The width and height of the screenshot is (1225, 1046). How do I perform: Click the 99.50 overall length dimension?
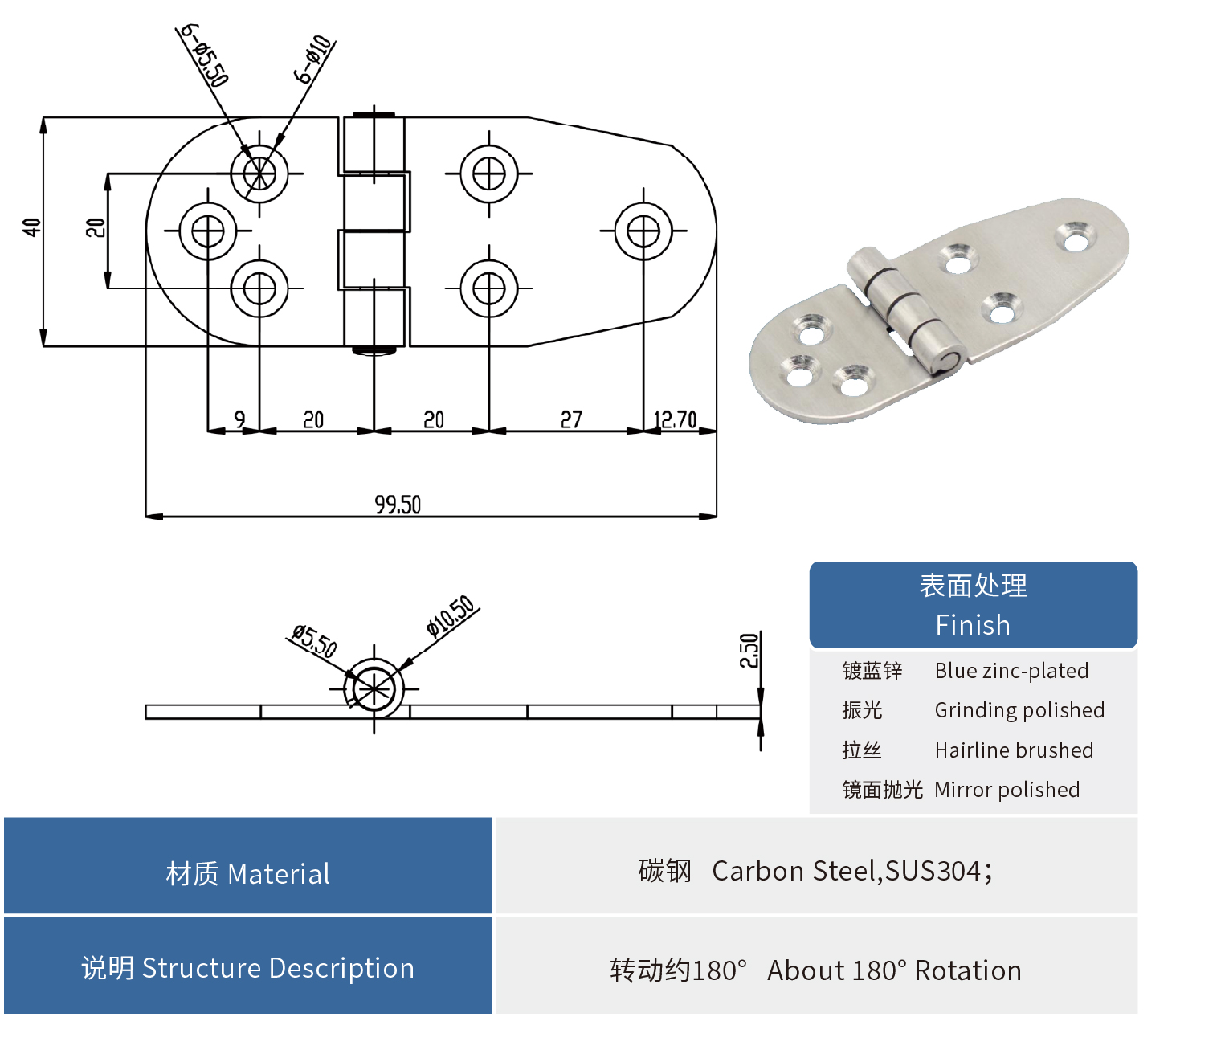398,505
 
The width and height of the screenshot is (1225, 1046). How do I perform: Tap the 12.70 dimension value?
675,419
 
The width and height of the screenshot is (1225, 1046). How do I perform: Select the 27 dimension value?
571,419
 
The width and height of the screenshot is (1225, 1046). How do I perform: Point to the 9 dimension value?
239,419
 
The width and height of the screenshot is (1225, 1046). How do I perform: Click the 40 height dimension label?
31,227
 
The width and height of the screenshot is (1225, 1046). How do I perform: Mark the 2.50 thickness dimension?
749,651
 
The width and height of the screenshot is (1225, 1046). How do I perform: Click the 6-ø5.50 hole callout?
204,55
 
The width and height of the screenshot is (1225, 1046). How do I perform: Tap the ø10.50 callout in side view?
451,616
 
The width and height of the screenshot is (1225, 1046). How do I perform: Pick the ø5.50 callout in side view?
314,640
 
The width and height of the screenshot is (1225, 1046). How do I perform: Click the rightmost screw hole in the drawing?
643,231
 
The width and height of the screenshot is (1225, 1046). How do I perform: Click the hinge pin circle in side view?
374,689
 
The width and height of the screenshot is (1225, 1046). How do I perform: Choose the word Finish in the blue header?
973,625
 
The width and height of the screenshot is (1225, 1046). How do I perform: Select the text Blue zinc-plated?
1011,671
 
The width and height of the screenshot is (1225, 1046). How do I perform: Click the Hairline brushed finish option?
1014,750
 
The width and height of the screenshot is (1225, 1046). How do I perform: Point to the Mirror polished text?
1007,790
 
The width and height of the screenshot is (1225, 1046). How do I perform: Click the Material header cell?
247,873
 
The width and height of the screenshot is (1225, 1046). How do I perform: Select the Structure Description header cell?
247,968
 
